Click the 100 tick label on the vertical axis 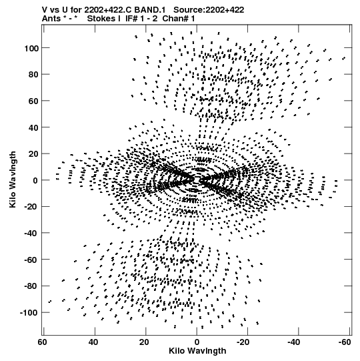pyautogui.click(x=32, y=48)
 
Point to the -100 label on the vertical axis pyautogui.click(x=29, y=313)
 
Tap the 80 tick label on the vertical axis pyautogui.click(x=34, y=75)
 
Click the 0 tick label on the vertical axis pyautogui.click(x=35, y=181)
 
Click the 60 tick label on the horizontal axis pyautogui.click(x=42, y=342)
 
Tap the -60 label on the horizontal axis pyautogui.click(x=345, y=342)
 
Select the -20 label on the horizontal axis pyautogui.click(x=243, y=342)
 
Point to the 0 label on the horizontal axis pyautogui.click(x=197, y=342)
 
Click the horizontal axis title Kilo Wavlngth pyautogui.click(x=197, y=351)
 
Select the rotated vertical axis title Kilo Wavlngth pyautogui.click(x=13, y=179)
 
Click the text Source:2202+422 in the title pyautogui.click(x=209, y=10)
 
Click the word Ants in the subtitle pyautogui.click(x=51, y=19)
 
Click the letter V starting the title pyautogui.click(x=45, y=10)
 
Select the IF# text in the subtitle pyautogui.click(x=131, y=19)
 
